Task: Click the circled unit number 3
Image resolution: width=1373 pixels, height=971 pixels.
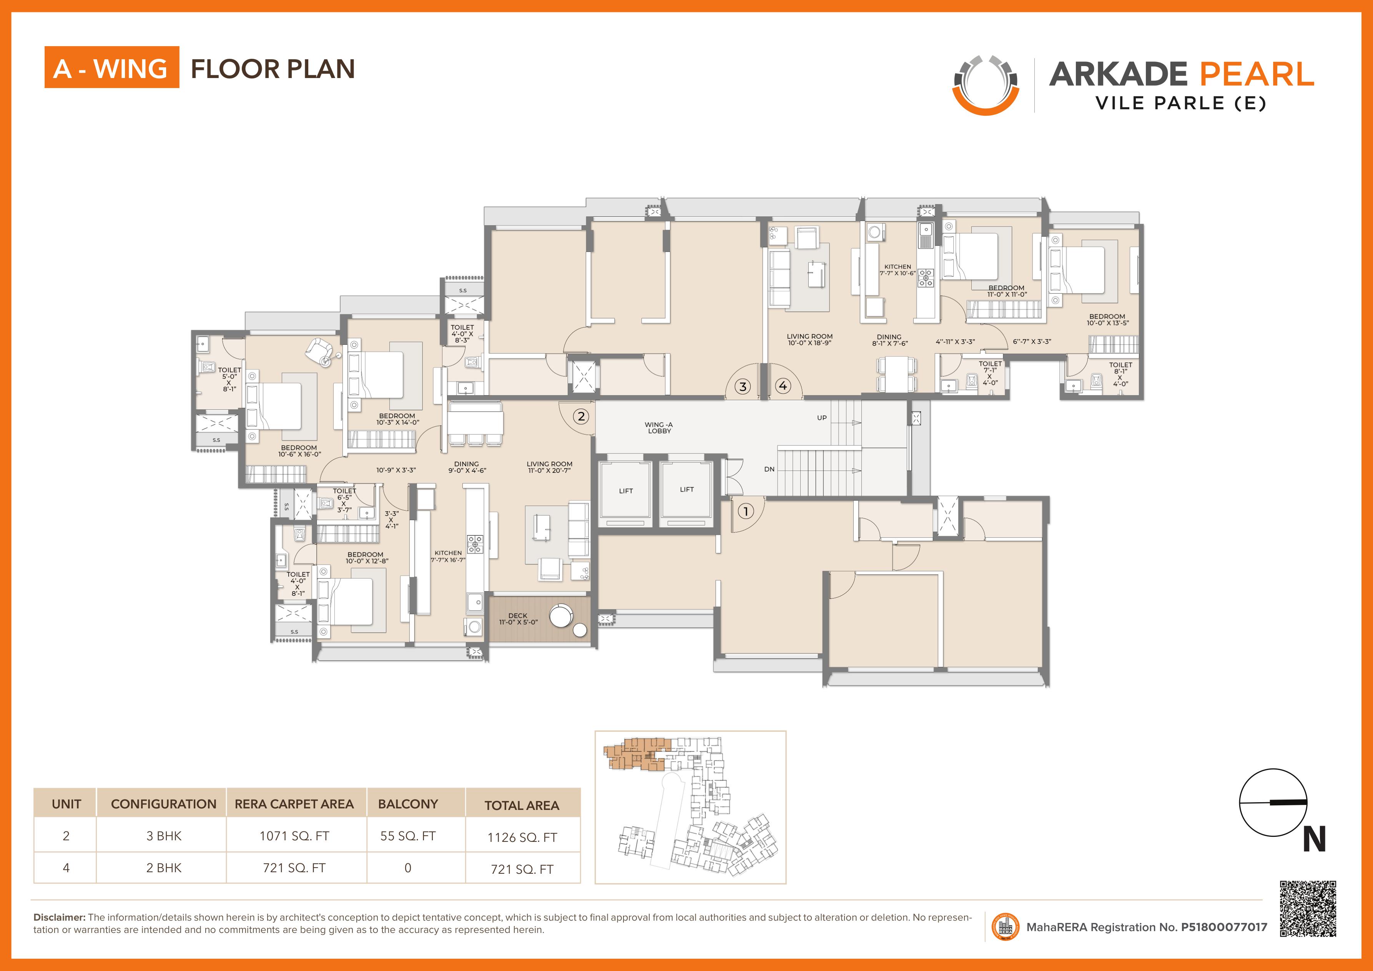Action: coord(743,387)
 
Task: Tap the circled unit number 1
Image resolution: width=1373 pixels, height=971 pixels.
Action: coord(745,511)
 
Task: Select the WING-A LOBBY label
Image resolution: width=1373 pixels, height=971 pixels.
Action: coord(659,427)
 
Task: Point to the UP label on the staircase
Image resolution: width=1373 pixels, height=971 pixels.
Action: coord(822,418)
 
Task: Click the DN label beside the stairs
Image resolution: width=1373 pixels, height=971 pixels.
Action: coord(769,469)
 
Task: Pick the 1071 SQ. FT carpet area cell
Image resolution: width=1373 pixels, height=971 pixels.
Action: coord(294,836)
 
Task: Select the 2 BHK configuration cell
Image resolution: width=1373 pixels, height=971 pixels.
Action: coord(164,868)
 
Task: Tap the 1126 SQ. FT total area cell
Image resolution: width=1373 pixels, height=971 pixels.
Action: coord(522,837)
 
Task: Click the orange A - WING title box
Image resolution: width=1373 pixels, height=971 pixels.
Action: coord(112,67)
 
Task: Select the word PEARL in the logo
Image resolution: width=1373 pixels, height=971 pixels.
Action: coord(1257,74)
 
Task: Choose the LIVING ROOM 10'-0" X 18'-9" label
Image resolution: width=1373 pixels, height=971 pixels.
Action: coord(809,339)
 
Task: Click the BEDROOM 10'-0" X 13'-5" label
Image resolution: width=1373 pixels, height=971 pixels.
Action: coord(1107,320)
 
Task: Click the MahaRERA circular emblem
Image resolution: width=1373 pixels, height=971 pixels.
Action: coord(1005,927)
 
